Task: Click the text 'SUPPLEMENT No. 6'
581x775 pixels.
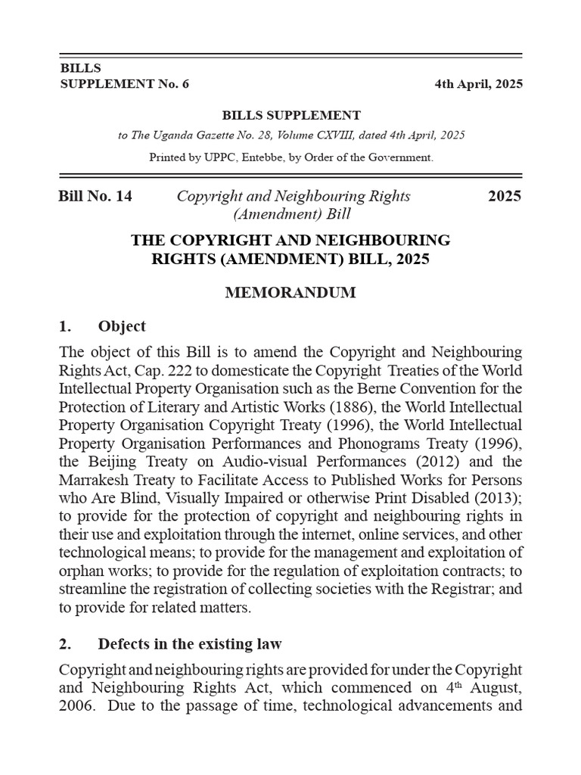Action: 124,84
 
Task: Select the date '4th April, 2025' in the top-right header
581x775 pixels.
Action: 477,84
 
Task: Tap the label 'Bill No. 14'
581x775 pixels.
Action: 95,196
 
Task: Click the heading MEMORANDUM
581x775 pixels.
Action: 290,293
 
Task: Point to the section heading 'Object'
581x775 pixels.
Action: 122,326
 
